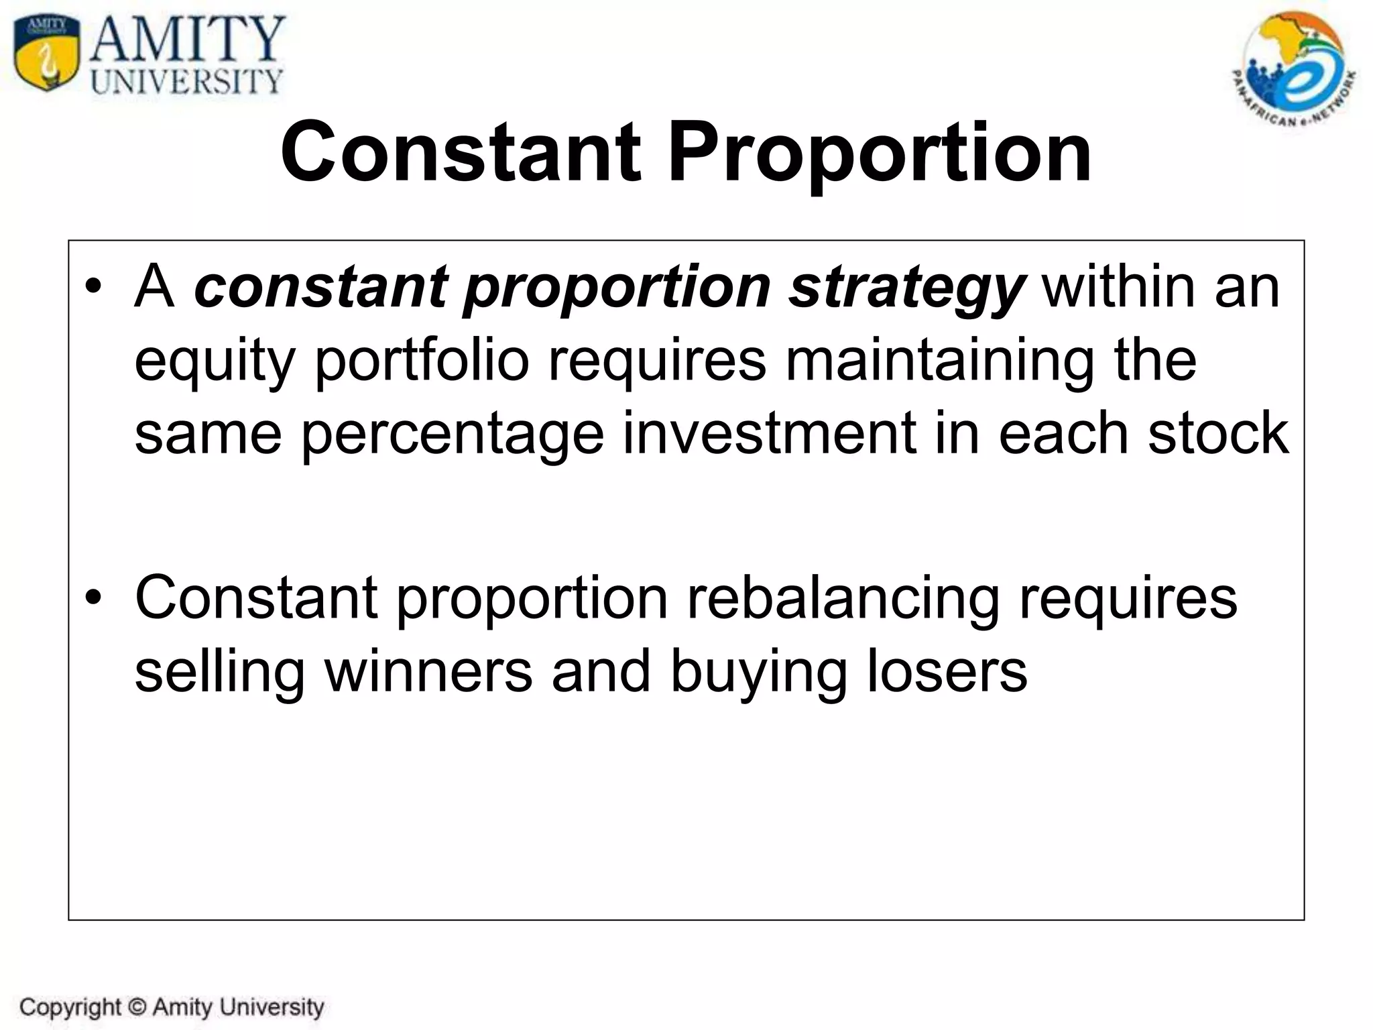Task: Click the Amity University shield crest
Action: (x=48, y=54)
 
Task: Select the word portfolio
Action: (x=422, y=361)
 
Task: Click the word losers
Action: (x=947, y=671)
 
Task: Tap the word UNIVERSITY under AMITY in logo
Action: (x=187, y=81)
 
